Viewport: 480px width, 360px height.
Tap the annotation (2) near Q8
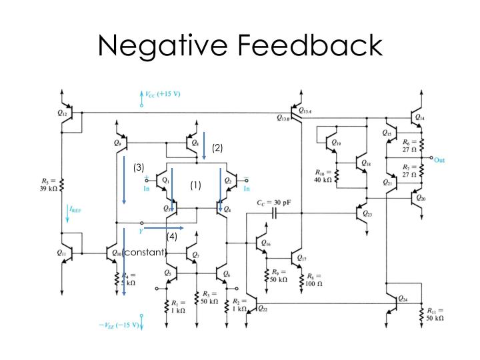[x=217, y=148]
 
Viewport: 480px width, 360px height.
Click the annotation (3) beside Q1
[x=139, y=167]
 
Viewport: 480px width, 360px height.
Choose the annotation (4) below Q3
[x=172, y=236]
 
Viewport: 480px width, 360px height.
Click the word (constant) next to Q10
[x=145, y=252]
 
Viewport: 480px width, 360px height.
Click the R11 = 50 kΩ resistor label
[x=437, y=314]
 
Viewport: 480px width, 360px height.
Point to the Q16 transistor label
[x=266, y=243]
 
